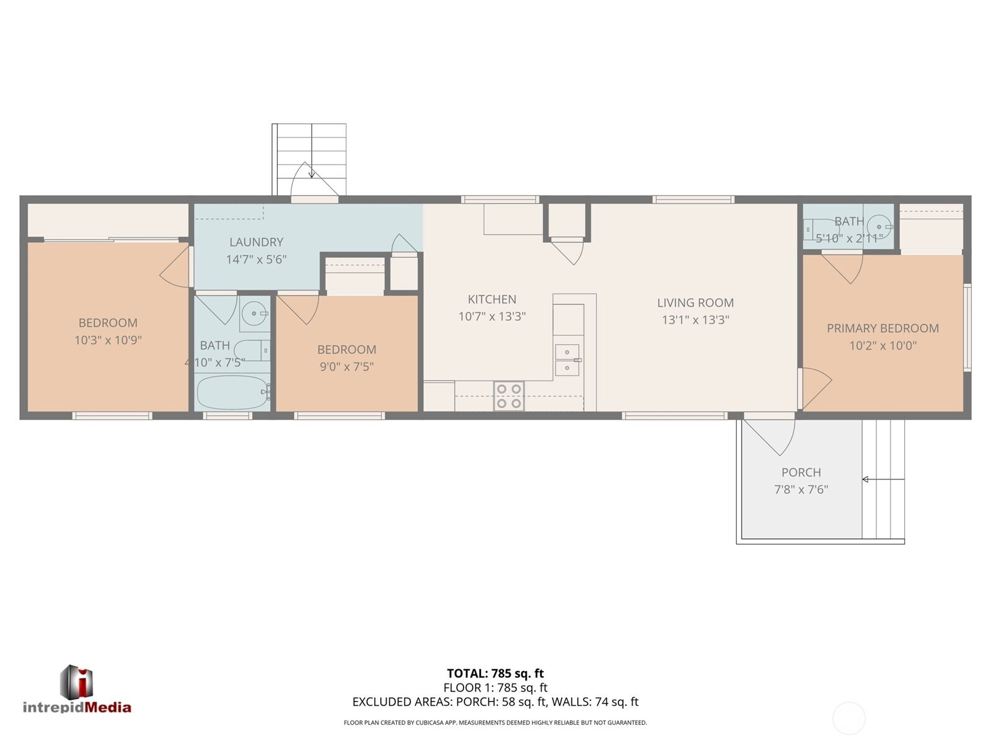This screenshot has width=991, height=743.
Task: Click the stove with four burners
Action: [x=509, y=396]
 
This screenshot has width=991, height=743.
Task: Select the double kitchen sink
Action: [x=567, y=360]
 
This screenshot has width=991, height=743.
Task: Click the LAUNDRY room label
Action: [x=257, y=242]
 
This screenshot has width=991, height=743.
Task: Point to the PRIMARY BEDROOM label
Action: [x=883, y=328]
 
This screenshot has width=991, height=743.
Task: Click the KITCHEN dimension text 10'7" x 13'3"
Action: [x=492, y=317]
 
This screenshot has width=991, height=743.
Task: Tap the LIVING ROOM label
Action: [x=695, y=302]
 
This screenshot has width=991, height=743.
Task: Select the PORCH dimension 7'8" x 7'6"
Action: [x=801, y=490]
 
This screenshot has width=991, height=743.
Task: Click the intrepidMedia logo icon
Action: [x=76, y=682]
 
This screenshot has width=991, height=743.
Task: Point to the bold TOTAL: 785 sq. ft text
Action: [x=495, y=673]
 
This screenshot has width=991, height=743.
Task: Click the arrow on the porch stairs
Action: [x=883, y=480]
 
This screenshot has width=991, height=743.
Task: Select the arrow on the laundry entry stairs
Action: [x=312, y=170]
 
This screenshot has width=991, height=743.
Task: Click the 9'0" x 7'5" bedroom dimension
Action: [x=346, y=366]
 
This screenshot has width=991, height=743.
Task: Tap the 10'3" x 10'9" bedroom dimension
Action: [x=108, y=340]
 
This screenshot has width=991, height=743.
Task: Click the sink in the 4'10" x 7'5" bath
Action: [x=255, y=313]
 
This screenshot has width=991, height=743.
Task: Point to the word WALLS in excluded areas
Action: [x=568, y=701]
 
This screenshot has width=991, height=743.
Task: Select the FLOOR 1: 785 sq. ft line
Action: [x=495, y=687]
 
